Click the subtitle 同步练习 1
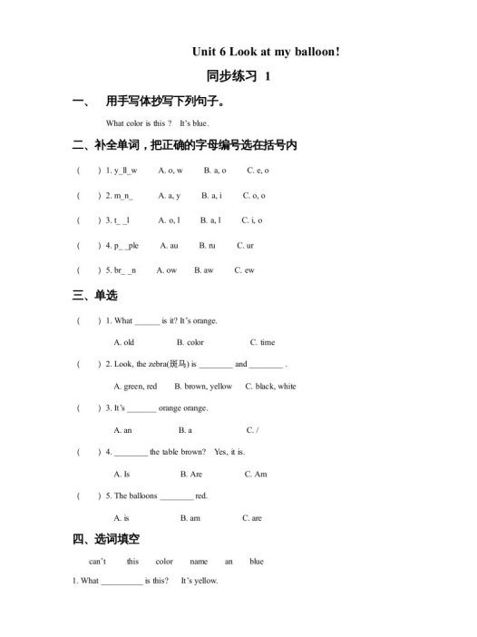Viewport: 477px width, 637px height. [x=238, y=77]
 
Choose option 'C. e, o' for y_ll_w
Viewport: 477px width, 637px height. [x=258, y=170]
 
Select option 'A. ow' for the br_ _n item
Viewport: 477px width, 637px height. [x=166, y=269]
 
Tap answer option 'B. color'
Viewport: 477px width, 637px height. [x=190, y=342]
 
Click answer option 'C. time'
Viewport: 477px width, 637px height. [x=262, y=342]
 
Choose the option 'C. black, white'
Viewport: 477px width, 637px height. [x=270, y=386]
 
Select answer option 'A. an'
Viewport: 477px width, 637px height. [x=122, y=430]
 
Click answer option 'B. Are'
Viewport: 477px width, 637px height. [x=190, y=474]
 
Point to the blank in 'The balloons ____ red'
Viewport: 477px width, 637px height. [x=176, y=496]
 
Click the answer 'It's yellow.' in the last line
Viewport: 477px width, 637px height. [x=200, y=581]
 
